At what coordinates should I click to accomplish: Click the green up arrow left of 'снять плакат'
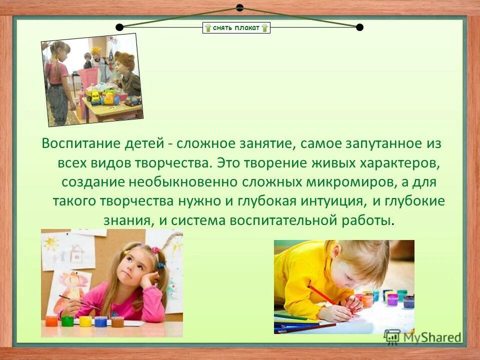pyautogui.click(x=207, y=27)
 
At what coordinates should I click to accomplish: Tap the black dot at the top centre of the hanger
pyautogui.click(x=239, y=7)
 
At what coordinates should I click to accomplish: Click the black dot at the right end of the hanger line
pyautogui.click(x=359, y=27)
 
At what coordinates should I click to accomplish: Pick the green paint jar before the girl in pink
pyautogui.click(x=67, y=320)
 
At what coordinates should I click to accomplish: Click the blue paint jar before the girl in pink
pyautogui.click(x=101, y=321)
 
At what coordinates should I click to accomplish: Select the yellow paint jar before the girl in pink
pyautogui.click(x=85, y=321)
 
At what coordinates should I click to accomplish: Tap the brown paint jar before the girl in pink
pyautogui.click(x=117, y=321)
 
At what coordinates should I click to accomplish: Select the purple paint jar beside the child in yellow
pyautogui.click(x=392, y=299)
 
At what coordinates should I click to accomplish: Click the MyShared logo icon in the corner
pyautogui.click(x=392, y=336)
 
